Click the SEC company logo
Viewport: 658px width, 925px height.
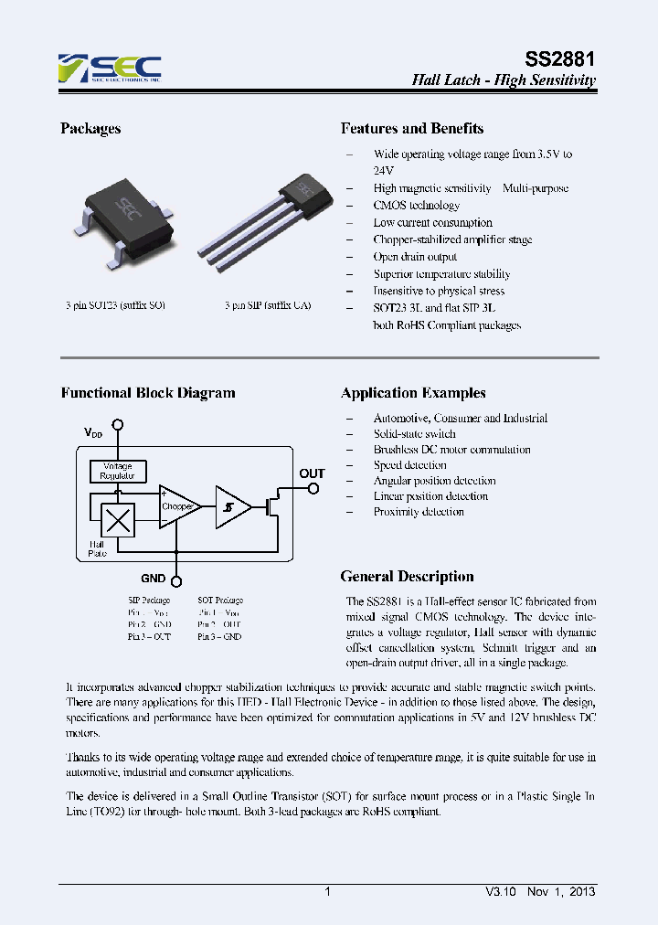tap(110, 69)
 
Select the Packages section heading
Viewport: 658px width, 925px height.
tap(90, 129)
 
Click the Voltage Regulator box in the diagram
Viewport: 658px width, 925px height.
tap(118, 471)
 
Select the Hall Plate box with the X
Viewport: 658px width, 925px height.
tap(117, 521)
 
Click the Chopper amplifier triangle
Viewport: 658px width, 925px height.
tap(177, 506)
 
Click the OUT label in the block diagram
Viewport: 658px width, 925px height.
tap(312, 473)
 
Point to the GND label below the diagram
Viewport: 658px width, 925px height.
tap(153, 579)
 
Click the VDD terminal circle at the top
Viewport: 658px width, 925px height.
tap(117, 426)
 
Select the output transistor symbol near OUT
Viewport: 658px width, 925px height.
tap(271, 505)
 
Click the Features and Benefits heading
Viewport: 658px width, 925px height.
tap(412, 129)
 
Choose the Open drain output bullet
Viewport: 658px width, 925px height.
tap(415, 257)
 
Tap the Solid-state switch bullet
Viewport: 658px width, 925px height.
tap(414, 434)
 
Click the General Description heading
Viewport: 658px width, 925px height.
tap(407, 577)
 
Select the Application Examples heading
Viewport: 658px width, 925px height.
tap(413, 393)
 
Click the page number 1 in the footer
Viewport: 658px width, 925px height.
tap(327, 891)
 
